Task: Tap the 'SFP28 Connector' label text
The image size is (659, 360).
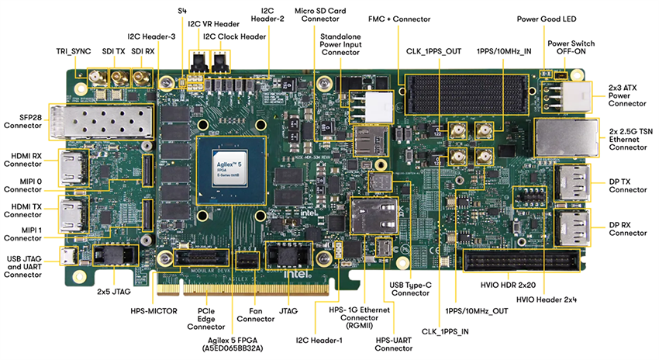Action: pos(22,119)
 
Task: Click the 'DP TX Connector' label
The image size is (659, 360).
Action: pos(628,186)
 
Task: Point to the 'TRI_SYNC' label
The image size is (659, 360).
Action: pos(74,50)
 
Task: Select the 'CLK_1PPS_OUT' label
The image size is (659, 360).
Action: pos(434,51)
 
